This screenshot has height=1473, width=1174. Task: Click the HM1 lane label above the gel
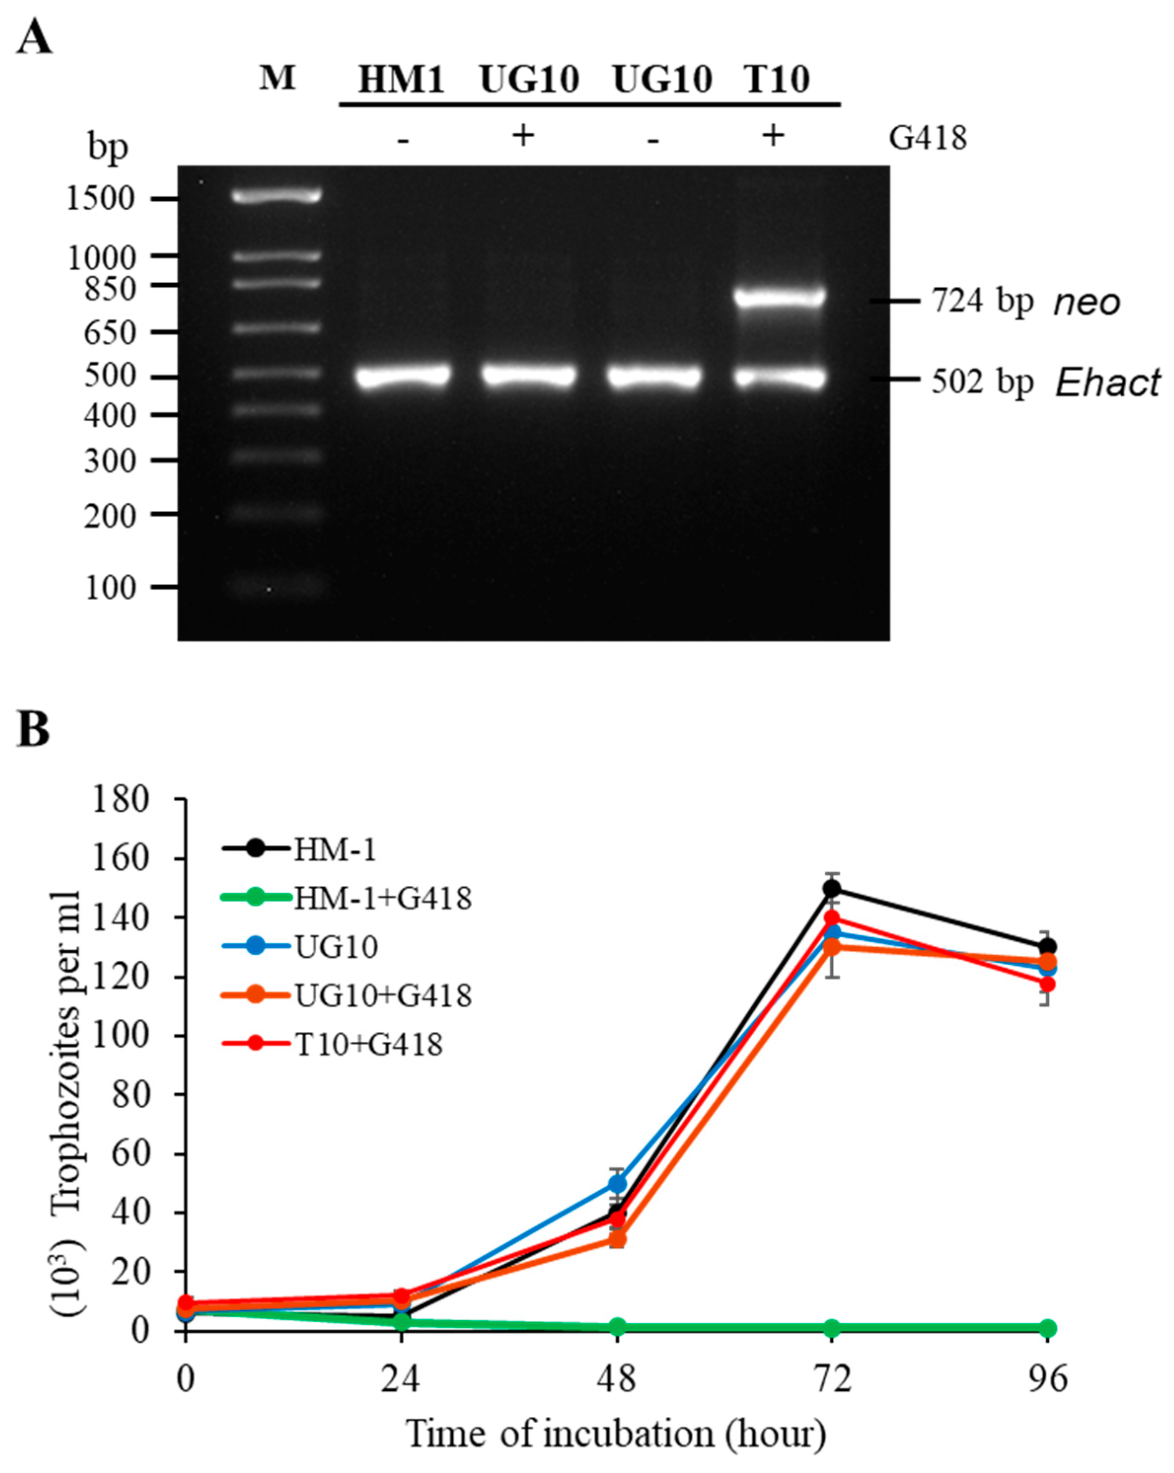(x=402, y=80)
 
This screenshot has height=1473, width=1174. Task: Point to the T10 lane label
(x=776, y=80)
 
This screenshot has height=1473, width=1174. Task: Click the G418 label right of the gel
(x=927, y=138)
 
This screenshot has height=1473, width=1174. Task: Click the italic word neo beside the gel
(x=1087, y=302)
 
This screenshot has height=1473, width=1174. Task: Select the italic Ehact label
(x=1107, y=382)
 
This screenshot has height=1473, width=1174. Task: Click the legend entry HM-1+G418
(x=382, y=898)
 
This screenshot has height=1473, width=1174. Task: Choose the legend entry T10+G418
(x=369, y=1044)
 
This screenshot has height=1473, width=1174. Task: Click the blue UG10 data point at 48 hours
(x=618, y=1183)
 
